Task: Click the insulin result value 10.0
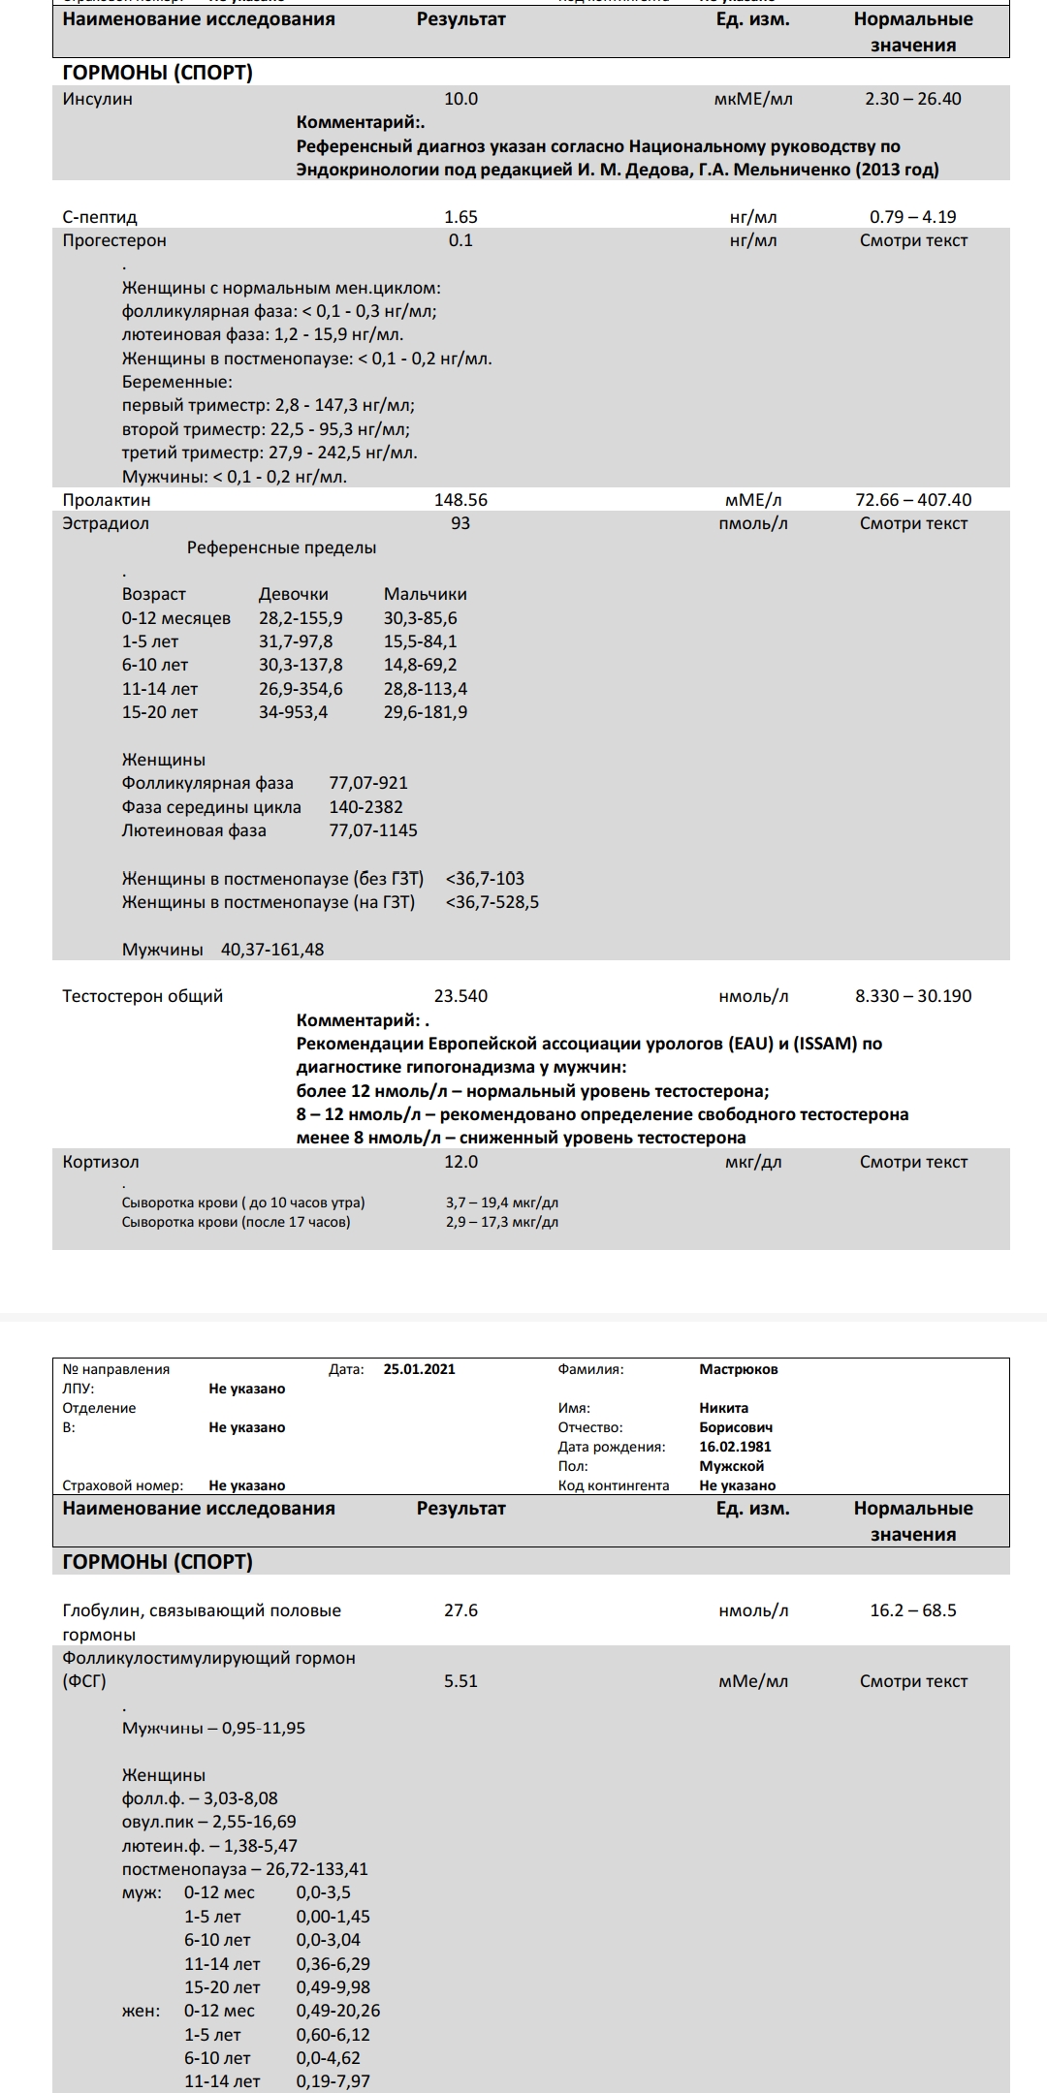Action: tap(460, 99)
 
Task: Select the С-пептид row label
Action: tap(100, 217)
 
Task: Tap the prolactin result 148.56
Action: tap(460, 500)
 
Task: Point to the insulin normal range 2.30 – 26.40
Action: tap(913, 99)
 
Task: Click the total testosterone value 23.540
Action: tap(460, 996)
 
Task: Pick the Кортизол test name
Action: tap(101, 1162)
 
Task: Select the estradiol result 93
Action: tap(460, 523)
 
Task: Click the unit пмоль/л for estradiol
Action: tap(753, 523)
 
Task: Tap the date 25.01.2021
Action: tap(419, 1369)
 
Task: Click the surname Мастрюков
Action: tap(739, 1369)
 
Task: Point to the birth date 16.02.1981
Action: tap(735, 1447)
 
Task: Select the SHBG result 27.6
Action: tap(460, 1610)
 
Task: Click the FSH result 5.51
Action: tap(460, 1681)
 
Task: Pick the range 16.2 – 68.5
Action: tap(913, 1610)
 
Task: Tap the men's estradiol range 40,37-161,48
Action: tap(272, 950)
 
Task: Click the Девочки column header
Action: tap(293, 594)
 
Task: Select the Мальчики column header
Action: tap(425, 594)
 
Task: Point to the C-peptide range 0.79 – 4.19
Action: tap(913, 217)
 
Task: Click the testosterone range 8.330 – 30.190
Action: tap(913, 996)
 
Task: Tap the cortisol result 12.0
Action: tap(460, 1162)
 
